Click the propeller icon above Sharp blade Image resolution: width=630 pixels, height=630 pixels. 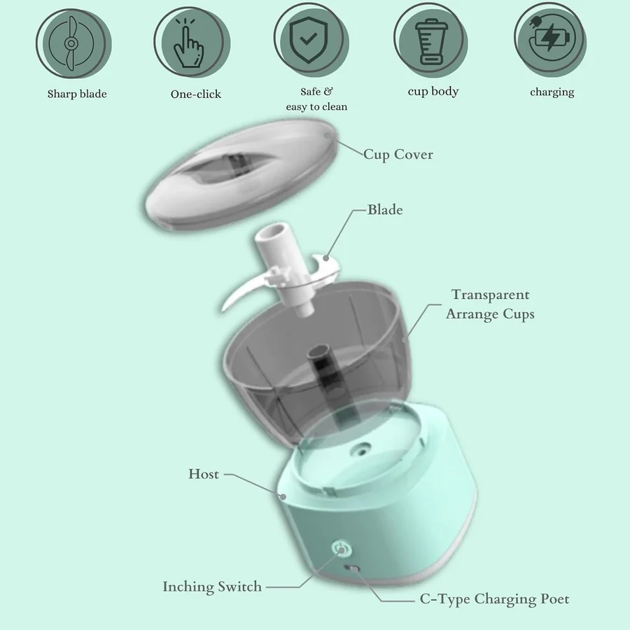71,43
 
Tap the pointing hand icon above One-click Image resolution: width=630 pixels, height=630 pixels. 188,43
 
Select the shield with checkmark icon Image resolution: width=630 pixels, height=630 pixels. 309,40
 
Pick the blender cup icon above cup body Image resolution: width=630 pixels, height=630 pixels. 431,42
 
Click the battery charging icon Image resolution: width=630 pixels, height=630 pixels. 549,37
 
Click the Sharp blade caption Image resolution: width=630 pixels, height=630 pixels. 77,94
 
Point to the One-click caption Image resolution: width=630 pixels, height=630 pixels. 196,94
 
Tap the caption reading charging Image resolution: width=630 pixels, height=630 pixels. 552,92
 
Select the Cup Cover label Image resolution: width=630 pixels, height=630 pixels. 398,155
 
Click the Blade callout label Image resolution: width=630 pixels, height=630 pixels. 385,210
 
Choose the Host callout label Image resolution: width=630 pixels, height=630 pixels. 204,474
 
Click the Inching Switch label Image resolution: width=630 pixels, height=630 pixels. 212,587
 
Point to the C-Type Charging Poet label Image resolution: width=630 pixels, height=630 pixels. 494,599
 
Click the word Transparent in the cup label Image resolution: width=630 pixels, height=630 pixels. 491,295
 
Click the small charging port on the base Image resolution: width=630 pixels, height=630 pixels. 353,568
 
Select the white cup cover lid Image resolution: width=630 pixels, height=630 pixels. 240,174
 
